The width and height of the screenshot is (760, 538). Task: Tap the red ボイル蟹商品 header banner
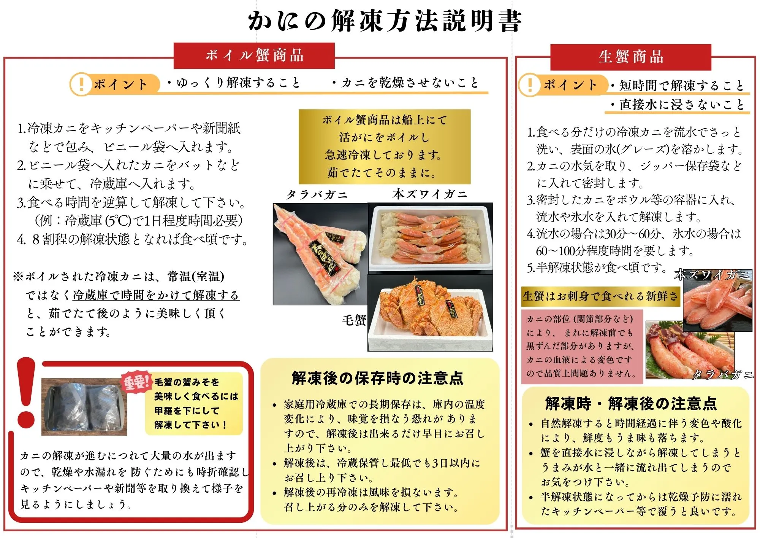254,56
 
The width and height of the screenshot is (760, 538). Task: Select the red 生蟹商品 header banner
630,57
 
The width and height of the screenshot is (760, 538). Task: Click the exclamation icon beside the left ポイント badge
81,84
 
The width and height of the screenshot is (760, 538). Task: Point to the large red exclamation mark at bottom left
26,392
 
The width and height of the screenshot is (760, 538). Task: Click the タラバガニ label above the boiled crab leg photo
317,195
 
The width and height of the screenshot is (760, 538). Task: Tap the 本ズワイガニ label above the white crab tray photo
430,194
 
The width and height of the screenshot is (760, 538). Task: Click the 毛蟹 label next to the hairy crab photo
353,320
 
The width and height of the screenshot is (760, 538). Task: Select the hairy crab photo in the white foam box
430,313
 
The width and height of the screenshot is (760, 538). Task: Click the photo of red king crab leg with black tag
320,254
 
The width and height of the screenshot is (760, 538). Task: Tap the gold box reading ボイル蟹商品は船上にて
385,146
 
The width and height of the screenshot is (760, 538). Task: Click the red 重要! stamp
136,382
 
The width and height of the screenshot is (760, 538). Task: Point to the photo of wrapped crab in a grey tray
84,407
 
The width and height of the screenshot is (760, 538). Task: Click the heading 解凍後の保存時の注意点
377,378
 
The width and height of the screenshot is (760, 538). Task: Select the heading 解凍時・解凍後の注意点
630,403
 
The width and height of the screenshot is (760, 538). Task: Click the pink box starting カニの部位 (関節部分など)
581,346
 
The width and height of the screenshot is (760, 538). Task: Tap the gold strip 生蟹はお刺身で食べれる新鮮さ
601,296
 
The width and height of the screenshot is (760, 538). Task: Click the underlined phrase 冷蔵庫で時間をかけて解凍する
156,295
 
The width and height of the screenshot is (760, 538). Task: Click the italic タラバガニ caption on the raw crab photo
722,374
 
